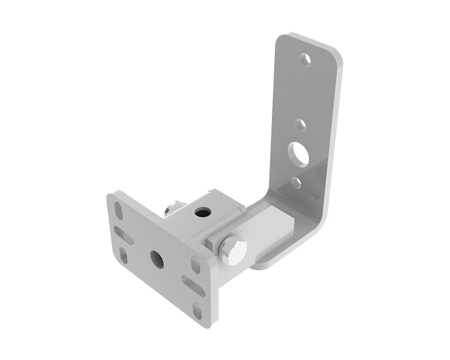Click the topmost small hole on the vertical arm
305,59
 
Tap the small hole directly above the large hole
301,125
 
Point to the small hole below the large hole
296,182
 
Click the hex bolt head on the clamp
232,250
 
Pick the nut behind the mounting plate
172,209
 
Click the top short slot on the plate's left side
119,212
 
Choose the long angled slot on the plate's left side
124,235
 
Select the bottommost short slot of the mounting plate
197,311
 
